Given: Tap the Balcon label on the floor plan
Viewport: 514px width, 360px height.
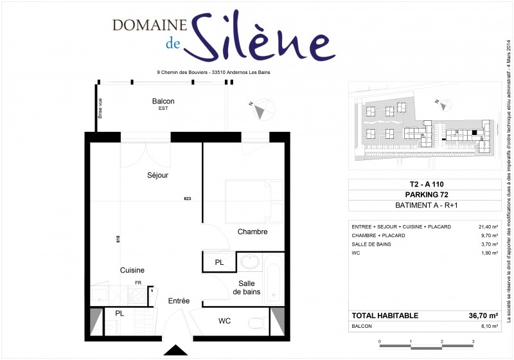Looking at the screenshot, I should [163, 102].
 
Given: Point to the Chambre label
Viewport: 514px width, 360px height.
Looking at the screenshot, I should [252, 231].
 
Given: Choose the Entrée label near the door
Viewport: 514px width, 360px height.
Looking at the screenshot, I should [179, 301].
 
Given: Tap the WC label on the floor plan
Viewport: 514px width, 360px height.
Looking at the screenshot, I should [224, 321].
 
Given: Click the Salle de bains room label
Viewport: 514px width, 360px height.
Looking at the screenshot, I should [247, 287].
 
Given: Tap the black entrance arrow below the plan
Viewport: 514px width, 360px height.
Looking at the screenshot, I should [174, 350].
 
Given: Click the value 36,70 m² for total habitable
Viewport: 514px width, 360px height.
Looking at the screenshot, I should [483, 316].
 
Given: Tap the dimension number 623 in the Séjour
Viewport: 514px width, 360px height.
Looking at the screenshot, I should [188, 198].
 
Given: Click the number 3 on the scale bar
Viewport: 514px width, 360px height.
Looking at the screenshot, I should [473, 342].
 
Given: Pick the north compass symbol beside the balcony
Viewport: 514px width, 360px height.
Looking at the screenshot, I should [260, 111].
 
